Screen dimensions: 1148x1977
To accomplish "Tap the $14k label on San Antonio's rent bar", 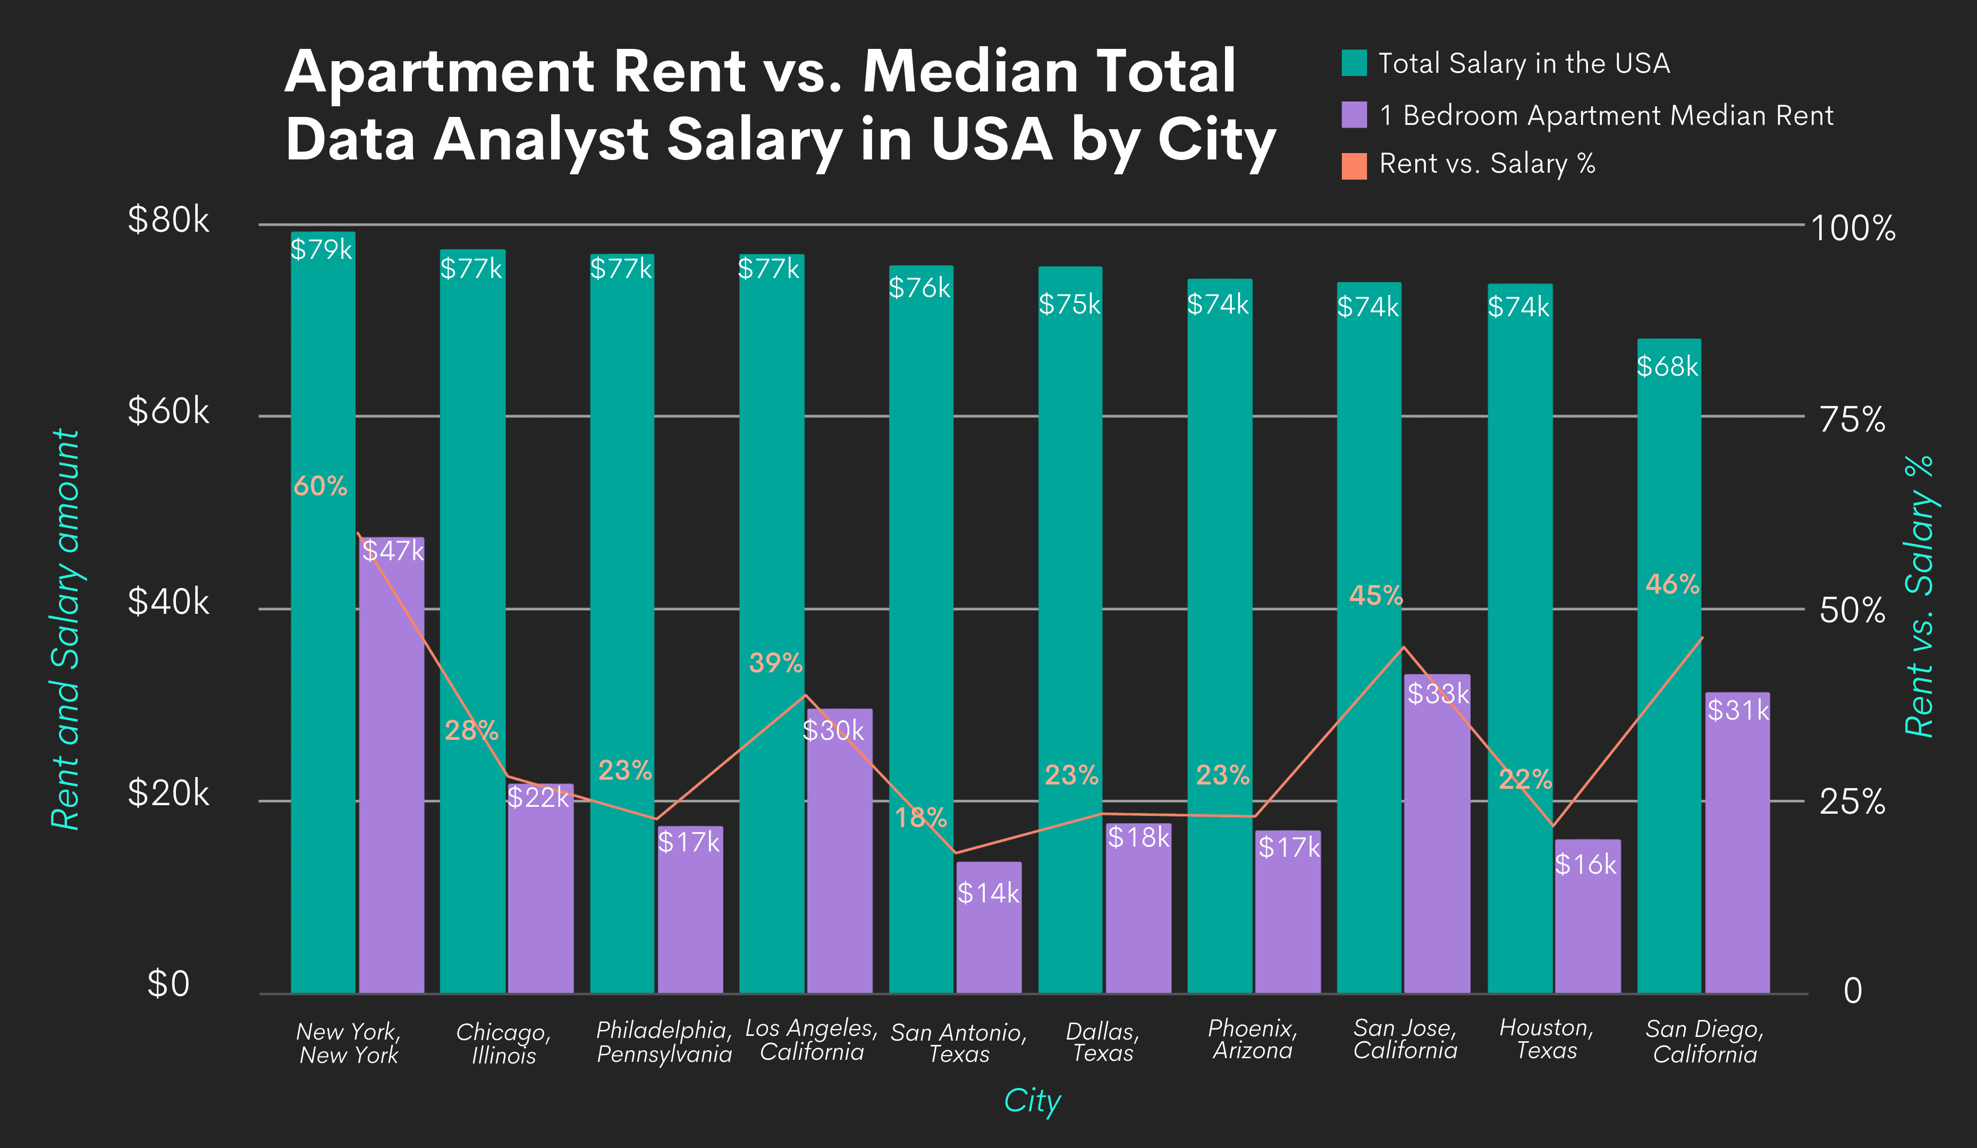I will tap(988, 893).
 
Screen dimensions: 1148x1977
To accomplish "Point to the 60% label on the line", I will tap(320, 486).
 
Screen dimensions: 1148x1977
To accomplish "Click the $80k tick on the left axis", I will tap(168, 220).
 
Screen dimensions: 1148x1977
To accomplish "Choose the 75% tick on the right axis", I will tap(1852, 420).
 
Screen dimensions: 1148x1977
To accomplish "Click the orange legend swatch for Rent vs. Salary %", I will tap(1354, 166).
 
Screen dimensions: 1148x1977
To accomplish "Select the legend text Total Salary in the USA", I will tap(1524, 64).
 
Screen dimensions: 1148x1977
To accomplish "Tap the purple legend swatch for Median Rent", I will tap(1354, 115).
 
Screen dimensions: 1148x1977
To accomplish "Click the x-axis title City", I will tap(1033, 1101).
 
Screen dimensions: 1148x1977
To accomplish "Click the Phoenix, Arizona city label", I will tap(1252, 1039).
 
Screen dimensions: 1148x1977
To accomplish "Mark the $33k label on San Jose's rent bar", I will tap(1437, 694).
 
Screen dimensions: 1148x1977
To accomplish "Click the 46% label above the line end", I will tap(1672, 585).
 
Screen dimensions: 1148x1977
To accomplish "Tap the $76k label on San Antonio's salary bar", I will tap(919, 288).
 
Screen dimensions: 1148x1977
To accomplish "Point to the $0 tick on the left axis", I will tap(168, 984).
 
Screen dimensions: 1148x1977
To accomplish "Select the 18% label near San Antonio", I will tap(921, 817).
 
